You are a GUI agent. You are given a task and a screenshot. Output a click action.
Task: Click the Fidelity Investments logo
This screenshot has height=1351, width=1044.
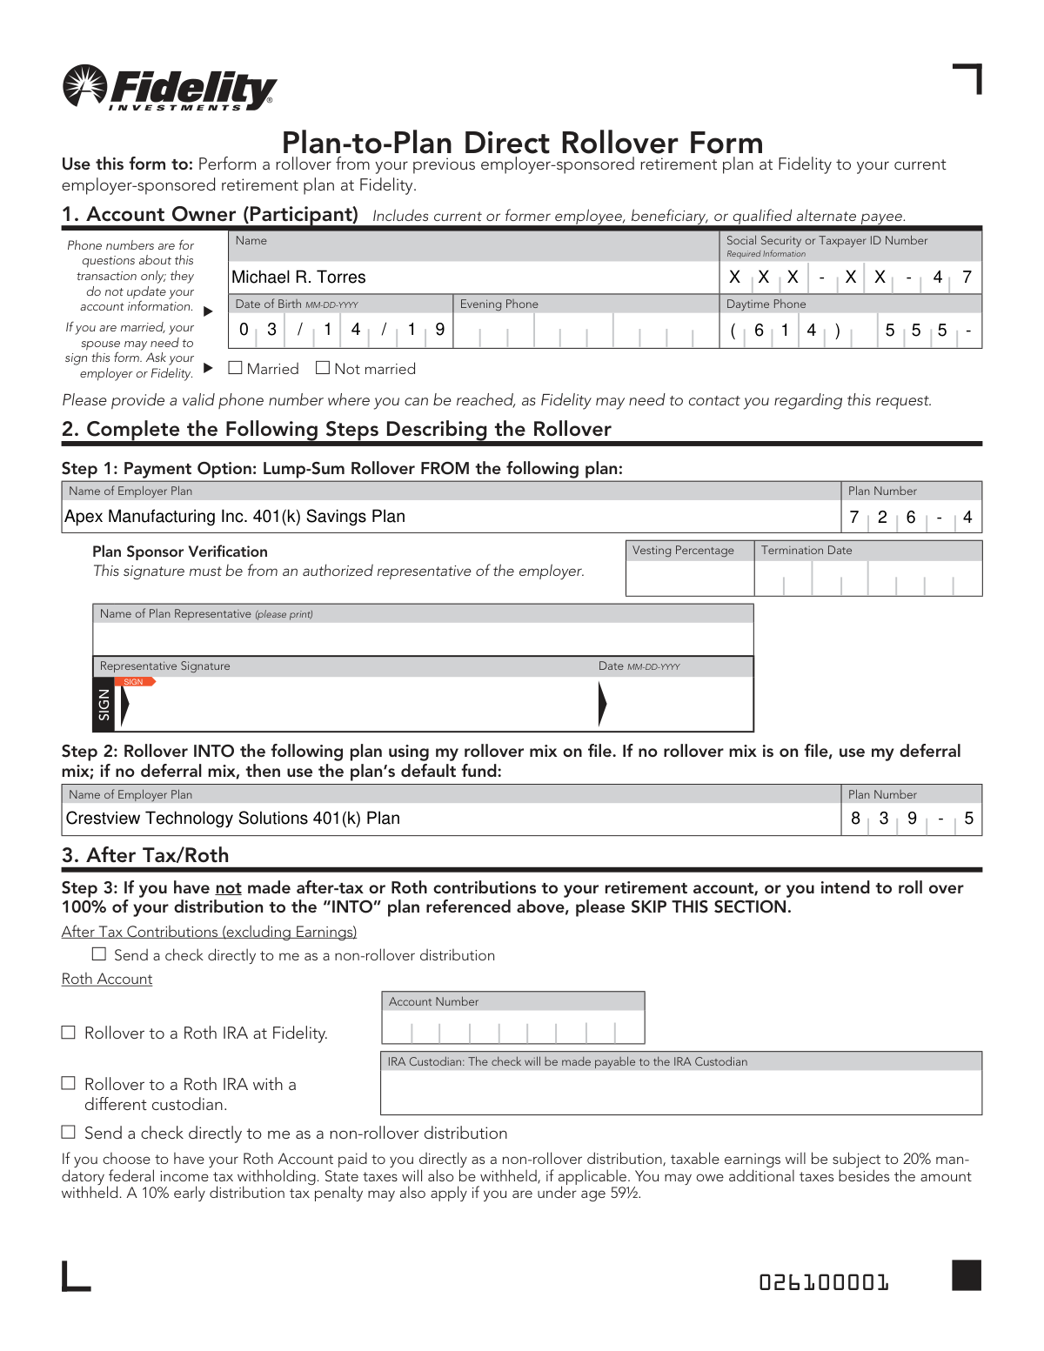(x=169, y=89)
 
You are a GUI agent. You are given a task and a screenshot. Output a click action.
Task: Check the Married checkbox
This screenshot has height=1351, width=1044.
(x=235, y=368)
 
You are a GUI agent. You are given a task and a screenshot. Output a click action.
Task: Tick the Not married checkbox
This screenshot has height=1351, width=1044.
(x=323, y=368)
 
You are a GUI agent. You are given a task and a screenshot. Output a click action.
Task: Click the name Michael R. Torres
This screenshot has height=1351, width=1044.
(x=298, y=278)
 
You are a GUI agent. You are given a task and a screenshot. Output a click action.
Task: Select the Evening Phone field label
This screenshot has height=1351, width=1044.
(x=499, y=304)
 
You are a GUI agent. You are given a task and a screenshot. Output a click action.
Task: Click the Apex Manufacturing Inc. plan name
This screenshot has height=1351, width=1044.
(x=235, y=517)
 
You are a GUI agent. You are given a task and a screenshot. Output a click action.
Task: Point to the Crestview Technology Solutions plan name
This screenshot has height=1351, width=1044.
(x=232, y=819)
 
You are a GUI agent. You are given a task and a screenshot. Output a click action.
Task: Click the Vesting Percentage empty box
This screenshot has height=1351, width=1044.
(x=689, y=578)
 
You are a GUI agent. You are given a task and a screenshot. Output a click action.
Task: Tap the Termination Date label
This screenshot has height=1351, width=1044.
(x=806, y=551)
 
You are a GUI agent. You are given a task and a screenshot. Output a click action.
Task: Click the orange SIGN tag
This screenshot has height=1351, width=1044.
(x=137, y=682)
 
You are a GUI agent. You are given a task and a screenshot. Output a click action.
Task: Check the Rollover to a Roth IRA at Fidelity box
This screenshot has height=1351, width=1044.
(x=69, y=1033)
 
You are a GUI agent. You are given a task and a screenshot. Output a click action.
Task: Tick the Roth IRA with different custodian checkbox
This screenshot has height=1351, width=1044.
(x=69, y=1084)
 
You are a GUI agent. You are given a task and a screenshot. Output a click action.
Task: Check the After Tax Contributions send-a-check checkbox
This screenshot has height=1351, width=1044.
(x=99, y=954)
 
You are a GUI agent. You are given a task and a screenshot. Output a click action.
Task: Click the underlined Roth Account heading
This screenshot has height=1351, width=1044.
(x=107, y=980)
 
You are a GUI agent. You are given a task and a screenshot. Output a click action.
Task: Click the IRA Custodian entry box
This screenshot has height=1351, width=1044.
(x=680, y=1092)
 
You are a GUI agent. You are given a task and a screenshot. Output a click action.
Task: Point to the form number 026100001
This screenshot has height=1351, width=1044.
(x=824, y=1282)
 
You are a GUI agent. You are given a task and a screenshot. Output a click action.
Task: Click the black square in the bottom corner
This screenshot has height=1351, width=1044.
(x=967, y=1275)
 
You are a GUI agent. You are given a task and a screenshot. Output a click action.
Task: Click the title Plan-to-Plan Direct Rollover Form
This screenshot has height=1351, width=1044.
(x=522, y=143)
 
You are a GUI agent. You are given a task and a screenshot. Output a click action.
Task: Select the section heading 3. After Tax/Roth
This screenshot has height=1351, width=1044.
(x=145, y=855)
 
